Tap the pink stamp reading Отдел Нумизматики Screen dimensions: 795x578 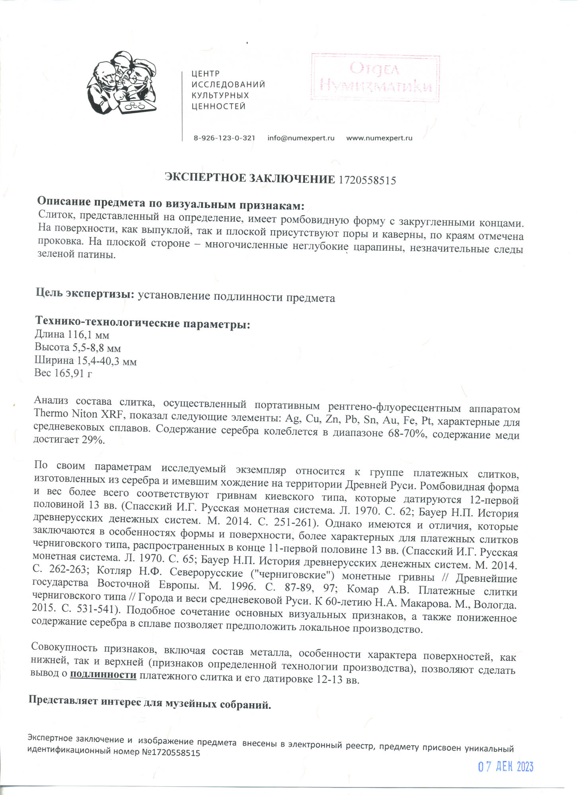pyautogui.click(x=375, y=78)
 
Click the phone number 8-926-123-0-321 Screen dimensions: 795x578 pyautogui.click(x=224, y=138)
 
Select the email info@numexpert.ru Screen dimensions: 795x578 pyautogui.click(x=301, y=138)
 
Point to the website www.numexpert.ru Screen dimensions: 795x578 pyautogui.click(x=379, y=138)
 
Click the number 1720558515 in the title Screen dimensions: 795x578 pyautogui.click(x=367, y=180)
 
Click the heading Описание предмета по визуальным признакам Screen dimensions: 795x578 pyautogui.click(x=171, y=205)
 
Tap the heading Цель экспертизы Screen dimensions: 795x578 pyautogui.click(x=85, y=294)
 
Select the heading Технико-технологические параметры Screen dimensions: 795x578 pyautogui.click(x=142, y=323)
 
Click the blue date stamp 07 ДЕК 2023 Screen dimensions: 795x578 pyautogui.click(x=505, y=767)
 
